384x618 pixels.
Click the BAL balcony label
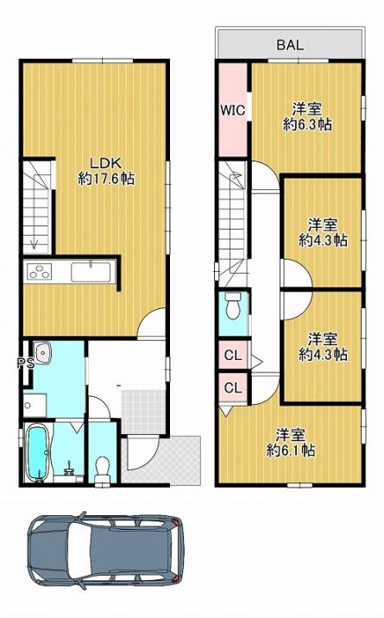(290, 45)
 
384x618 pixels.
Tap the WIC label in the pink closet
(232, 110)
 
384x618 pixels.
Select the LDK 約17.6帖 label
(106, 171)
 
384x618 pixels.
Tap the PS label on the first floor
(25, 363)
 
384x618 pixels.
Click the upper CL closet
(233, 356)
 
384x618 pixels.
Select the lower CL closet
(233, 388)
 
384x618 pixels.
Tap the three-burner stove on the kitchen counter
(39, 272)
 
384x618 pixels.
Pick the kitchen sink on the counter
(91, 272)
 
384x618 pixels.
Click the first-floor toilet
(104, 469)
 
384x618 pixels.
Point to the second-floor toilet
(233, 306)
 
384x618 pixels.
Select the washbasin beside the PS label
(41, 351)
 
